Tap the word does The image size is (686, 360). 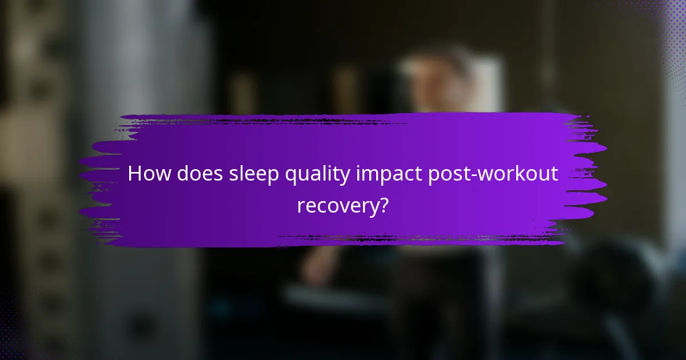click(197, 174)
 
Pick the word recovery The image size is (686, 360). click(337, 206)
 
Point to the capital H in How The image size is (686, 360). click(135, 174)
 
